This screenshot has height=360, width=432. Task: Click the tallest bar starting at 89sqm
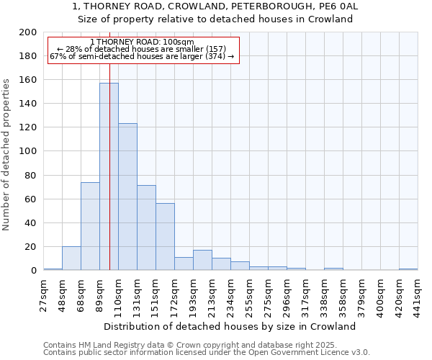(109, 176)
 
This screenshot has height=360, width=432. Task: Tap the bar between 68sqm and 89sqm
(90, 226)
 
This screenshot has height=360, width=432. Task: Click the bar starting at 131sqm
(146, 228)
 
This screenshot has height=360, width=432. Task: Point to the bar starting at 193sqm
(202, 260)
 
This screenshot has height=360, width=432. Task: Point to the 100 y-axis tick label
(27, 151)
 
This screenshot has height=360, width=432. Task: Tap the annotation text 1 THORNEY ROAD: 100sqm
(142, 42)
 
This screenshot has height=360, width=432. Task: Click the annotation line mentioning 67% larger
(142, 56)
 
